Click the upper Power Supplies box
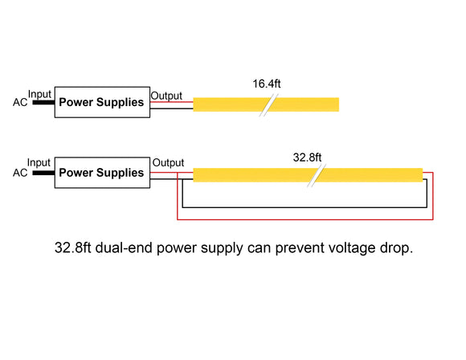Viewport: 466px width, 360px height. click(102, 103)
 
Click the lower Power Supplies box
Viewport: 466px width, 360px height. click(102, 173)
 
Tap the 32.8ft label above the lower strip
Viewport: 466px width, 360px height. click(308, 157)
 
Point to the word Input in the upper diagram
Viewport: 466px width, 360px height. click(39, 94)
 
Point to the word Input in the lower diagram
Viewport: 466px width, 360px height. click(39, 163)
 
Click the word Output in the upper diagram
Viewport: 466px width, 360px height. click(167, 95)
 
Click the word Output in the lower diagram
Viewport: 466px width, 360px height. click(168, 164)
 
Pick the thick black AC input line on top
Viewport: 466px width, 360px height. click(43, 103)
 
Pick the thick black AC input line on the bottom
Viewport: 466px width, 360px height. click(43, 173)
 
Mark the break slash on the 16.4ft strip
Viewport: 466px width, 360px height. click(268, 105)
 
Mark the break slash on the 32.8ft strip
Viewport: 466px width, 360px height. click(318, 175)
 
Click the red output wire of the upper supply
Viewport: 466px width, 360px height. click(172, 102)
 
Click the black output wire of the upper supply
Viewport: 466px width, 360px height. click(172, 109)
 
